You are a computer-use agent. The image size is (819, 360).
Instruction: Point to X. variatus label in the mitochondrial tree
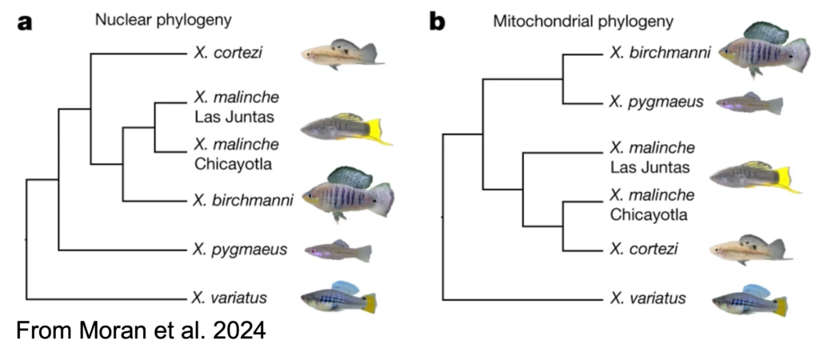(648, 298)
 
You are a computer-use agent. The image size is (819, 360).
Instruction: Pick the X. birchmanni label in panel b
(660, 54)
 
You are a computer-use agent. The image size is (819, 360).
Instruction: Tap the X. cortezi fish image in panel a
(342, 54)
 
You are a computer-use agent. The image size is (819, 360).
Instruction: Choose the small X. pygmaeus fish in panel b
(749, 103)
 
